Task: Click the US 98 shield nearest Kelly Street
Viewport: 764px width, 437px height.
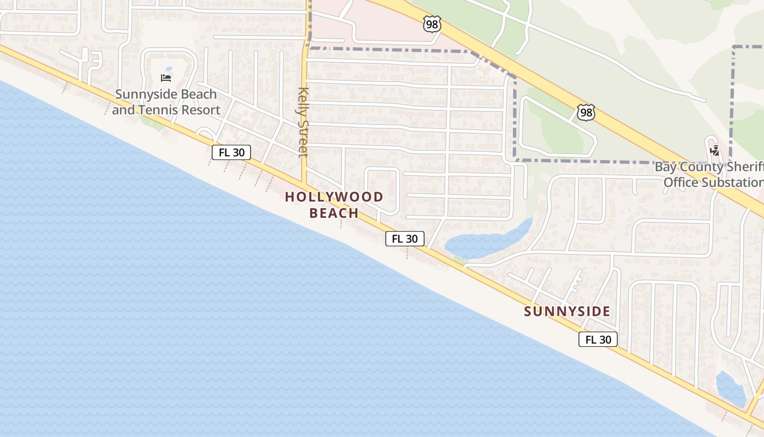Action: pyautogui.click(x=431, y=23)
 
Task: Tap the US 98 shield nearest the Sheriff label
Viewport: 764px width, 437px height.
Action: pyautogui.click(x=585, y=113)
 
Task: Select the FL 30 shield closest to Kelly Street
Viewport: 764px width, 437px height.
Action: pyautogui.click(x=231, y=152)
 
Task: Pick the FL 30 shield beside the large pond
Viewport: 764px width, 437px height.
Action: pyautogui.click(x=405, y=239)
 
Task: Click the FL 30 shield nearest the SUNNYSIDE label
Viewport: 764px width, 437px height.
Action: pyautogui.click(x=598, y=339)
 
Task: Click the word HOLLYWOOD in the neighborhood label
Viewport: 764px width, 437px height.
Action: pyautogui.click(x=334, y=197)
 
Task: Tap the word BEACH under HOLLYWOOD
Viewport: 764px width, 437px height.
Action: pyautogui.click(x=334, y=213)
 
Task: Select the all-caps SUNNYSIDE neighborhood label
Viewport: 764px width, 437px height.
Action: pyautogui.click(x=567, y=311)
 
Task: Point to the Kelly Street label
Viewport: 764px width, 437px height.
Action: pyautogui.click(x=303, y=122)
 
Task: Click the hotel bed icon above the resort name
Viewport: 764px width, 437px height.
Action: pyautogui.click(x=166, y=79)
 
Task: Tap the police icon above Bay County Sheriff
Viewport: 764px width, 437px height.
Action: pyautogui.click(x=714, y=151)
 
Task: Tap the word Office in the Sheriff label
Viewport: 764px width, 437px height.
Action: pyautogui.click(x=681, y=182)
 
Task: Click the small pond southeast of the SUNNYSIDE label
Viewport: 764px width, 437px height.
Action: pyautogui.click(x=730, y=389)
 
